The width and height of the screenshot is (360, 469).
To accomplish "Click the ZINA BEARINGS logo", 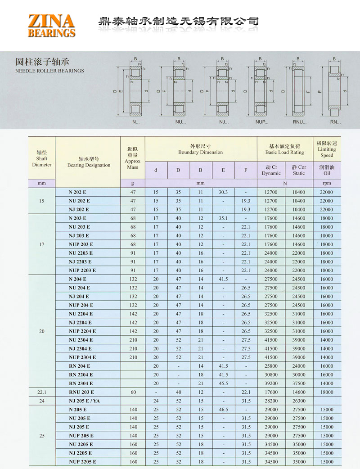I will (51, 26).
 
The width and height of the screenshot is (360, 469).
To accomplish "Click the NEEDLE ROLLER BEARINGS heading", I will (49, 71).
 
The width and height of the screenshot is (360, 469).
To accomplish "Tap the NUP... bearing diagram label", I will (261, 122).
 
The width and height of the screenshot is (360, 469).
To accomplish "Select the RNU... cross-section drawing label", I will (299, 122).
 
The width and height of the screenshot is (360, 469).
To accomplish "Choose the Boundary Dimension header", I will (200, 149).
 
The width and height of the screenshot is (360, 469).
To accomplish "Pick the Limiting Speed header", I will (327, 149).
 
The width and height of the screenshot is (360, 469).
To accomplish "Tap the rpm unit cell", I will (327, 183).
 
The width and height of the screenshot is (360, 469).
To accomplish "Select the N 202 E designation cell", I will (78, 192).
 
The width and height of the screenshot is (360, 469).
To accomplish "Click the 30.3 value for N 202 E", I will (223, 192).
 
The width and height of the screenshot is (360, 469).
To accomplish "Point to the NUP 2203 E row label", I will (82, 271).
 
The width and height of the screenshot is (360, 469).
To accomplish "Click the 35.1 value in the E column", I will (223, 218).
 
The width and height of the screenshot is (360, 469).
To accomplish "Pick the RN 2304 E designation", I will (81, 383).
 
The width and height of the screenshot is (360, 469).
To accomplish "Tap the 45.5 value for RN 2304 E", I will (223, 383).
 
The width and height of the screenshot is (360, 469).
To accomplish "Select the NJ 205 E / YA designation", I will (84, 401).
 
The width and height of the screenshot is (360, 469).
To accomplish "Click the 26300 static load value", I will (299, 401).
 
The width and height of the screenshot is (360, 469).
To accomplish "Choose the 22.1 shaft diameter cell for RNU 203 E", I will (42, 392).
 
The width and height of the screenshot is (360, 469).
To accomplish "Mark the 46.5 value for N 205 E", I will (223, 410).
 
